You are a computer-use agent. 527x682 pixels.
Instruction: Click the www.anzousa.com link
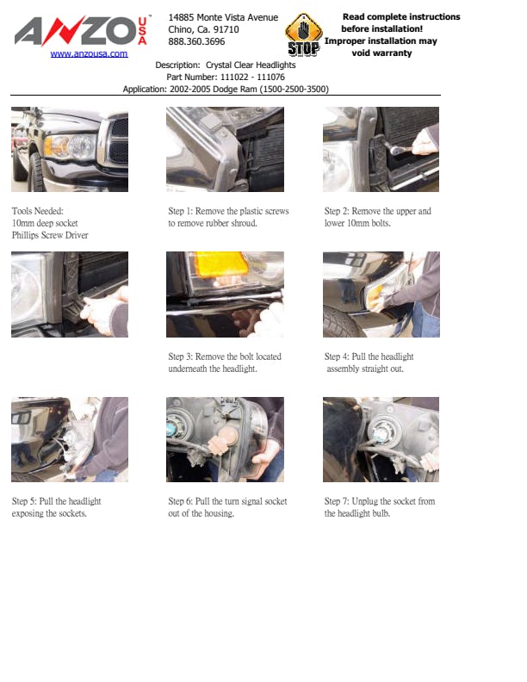pos(89,53)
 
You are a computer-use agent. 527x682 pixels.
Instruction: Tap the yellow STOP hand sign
pos(303,34)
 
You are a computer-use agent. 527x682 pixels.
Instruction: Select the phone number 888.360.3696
pos(196,41)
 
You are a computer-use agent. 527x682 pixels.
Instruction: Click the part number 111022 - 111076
pos(252,77)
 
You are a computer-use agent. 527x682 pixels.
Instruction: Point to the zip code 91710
pos(226,29)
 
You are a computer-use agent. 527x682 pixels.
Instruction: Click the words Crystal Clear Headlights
pos(251,65)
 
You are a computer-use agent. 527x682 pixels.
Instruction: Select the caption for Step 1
pos(228,217)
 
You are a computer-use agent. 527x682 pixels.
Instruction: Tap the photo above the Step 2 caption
pos(381,149)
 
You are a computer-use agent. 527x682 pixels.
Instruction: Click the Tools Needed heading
pos(37,211)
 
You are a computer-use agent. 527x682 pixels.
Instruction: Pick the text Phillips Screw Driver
pos(50,235)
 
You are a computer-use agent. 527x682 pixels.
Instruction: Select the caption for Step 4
pos(369,363)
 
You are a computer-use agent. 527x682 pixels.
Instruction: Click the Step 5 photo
pos(70,439)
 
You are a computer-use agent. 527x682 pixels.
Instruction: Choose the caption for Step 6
pos(227,507)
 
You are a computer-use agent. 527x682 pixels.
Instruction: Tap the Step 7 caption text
pos(380,507)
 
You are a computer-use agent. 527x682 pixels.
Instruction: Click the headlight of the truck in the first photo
pos(70,146)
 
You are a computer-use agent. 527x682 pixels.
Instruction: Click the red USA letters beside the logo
pos(143,31)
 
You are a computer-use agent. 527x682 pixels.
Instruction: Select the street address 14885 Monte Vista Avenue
pos(223,17)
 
